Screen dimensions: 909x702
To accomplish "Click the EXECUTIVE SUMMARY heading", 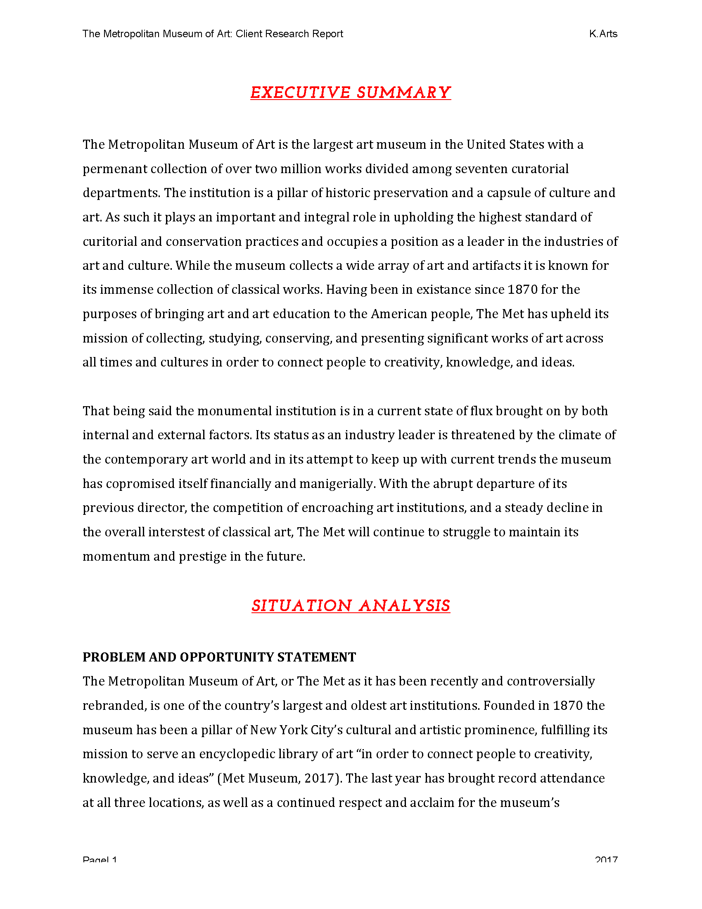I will (350, 93).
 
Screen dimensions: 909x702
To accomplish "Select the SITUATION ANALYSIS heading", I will (350, 606).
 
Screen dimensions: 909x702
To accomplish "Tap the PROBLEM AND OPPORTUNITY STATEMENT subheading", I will (219, 657).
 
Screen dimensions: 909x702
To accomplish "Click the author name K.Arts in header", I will (603, 34).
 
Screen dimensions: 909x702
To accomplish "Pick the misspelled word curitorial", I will (110, 242).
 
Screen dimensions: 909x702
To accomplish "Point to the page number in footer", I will (100, 860).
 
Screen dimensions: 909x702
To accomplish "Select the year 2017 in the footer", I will (606, 860).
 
